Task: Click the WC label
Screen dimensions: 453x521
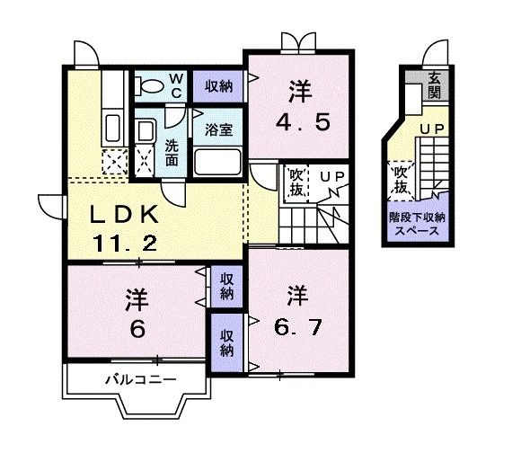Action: pos(176,86)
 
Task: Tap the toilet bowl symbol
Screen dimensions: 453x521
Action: pos(151,87)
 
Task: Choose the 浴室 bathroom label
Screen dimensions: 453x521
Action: pos(218,129)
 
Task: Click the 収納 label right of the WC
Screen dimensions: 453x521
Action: pos(217,86)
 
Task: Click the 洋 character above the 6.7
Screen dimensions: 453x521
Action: pos(296,294)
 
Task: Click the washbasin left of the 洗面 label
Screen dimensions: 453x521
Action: pos(145,130)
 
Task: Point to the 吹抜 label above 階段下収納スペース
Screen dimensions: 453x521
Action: pos(400,178)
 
